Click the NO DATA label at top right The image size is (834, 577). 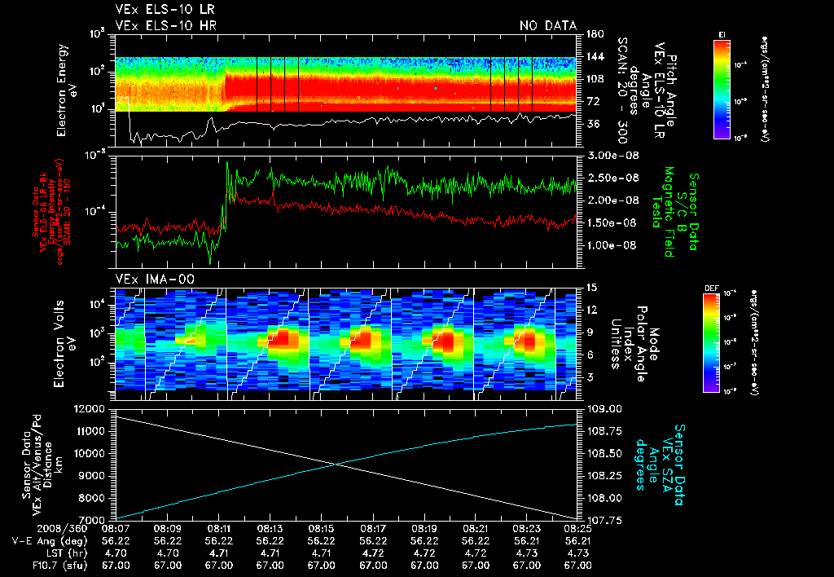pos(548,26)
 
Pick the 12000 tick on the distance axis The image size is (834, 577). pos(91,408)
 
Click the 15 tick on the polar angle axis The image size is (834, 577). pos(592,287)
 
